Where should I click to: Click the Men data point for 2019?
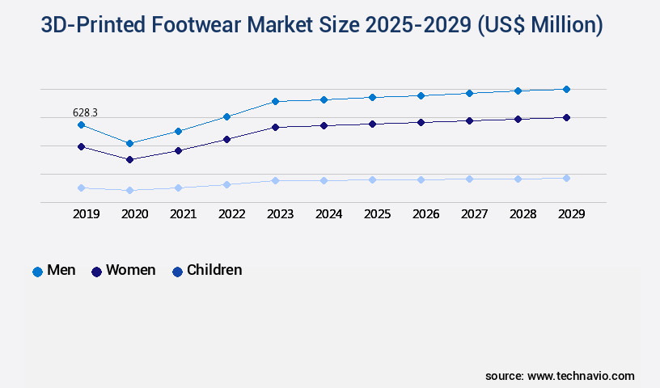[81, 124]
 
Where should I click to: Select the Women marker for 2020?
[129, 159]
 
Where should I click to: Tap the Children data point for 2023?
[275, 180]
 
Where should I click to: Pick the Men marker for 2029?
[566, 89]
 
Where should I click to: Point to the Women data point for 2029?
[566, 117]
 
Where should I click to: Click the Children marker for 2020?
[129, 190]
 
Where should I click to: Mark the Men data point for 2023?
[275, 101]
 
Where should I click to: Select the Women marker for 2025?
[372, 124]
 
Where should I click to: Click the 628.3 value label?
[85, 112]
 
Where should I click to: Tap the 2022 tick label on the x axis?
[232, 214]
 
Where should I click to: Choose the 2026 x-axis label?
[426, 214]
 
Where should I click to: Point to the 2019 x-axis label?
[87, 214]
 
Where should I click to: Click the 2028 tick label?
[523, 214]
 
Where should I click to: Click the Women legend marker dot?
[96, 272]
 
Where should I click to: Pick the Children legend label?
[214, 270]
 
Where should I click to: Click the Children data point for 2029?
[566, 178]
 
